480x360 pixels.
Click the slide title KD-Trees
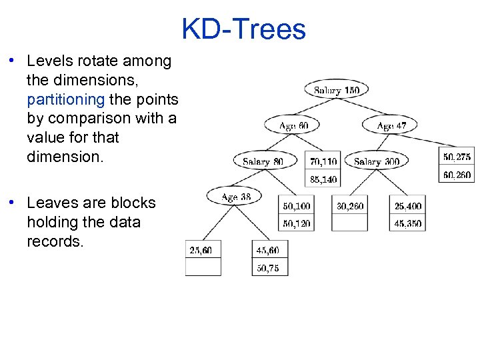[243, 29]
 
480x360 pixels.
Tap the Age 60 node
[291, 125]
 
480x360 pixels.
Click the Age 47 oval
[390, 125]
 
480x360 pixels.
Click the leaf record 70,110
[323, 161]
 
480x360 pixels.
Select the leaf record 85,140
[323, 179]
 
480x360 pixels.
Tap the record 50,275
[457, 157]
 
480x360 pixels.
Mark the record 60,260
[457, 175]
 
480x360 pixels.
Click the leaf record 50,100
[296, 206]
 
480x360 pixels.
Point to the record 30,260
[350, 206]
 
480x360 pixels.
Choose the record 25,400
[407, 206]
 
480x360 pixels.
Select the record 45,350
[407, 223]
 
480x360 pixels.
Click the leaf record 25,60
[203, 250]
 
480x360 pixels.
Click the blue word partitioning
[66, 99]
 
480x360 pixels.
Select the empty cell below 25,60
[203, 267]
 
